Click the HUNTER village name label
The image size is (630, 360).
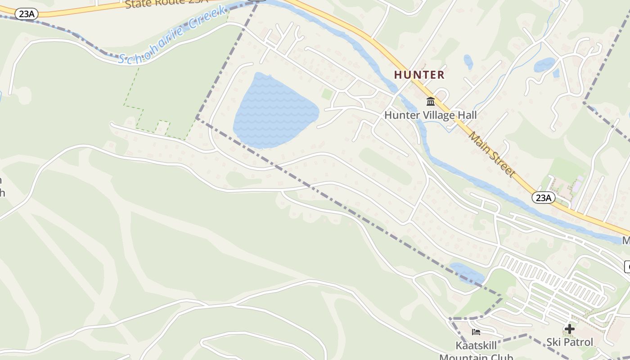(419, 75)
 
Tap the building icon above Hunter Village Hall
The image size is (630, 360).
(431, 101)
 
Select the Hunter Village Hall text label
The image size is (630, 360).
(430, 115)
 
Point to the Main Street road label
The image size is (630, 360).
(491, 153)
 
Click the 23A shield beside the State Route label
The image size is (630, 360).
(27, 14)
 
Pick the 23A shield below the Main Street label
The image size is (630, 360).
(543, 198)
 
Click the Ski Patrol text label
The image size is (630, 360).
(570, 342)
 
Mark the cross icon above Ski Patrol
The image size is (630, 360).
(570, 329)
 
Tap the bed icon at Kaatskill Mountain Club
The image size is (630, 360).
(476, 333)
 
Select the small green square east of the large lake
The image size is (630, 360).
(327, 94)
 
